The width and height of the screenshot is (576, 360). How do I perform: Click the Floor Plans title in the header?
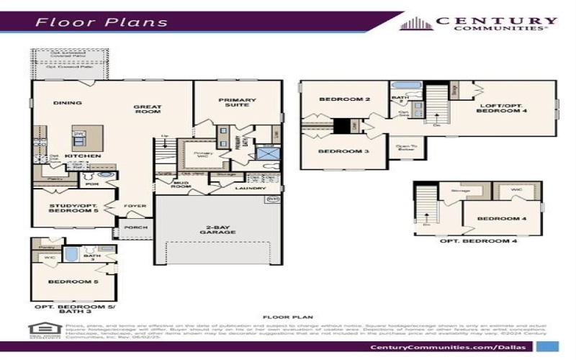(102, 22)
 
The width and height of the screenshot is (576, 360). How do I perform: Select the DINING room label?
(68, 103)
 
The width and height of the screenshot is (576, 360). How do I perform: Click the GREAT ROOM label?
(148, 110)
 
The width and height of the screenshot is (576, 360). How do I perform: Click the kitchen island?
(86, 137)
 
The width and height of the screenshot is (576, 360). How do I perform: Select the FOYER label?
(135, 206)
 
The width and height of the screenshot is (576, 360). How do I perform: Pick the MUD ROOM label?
(181, 185)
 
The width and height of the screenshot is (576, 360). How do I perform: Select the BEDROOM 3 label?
(333, 151)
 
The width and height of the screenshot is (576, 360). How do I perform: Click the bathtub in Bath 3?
(72, 256)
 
